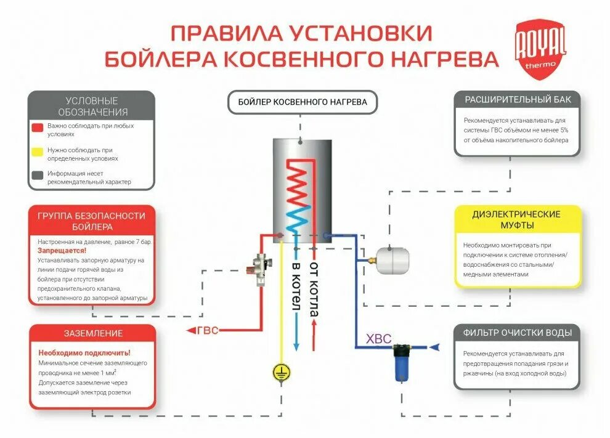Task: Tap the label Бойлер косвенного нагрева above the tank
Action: pyautogui.click(x=302, y=102)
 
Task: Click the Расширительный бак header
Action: pyautogui.click(x=518, y=99)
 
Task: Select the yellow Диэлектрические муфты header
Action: pyautogui.click(x=516, y=219)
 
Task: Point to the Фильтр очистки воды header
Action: pyautogui.click(x=517, y=333)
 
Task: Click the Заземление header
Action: pyautogui.click(x=93, y=333)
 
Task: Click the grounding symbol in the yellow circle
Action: pyautogui.click(x=282, y=371)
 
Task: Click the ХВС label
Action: pyautogui.click(x=378, y=339)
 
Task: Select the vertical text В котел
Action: pyautogui.click(x=296, y=286)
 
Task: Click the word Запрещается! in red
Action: pyautogui.click(x=62, y=251)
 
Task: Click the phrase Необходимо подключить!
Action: pyautogui.click(x=84, y=353)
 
